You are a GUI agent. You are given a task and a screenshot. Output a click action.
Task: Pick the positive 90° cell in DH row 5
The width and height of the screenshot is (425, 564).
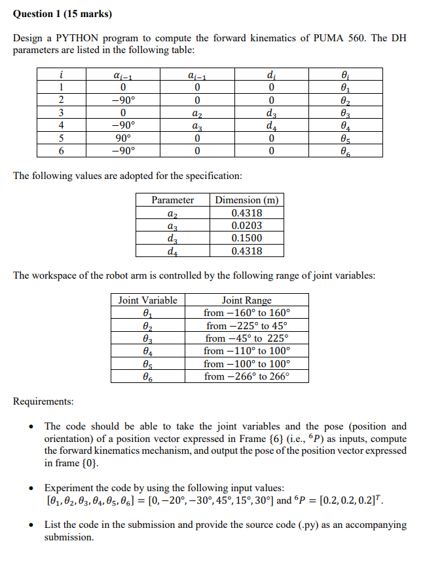(x=122, y=138)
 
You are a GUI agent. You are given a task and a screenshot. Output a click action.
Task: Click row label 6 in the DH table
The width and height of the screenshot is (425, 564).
(x=60, y=150)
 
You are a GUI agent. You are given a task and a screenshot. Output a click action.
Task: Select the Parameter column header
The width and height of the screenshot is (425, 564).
(x=172, y=200)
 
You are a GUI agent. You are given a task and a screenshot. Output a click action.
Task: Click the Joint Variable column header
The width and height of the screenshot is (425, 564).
(x=147, y=300)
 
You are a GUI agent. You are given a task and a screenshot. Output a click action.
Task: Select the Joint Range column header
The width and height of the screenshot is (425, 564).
(x=246, y=300)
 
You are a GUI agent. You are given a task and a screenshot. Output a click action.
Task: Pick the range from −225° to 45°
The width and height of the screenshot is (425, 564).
(x=246, y=325)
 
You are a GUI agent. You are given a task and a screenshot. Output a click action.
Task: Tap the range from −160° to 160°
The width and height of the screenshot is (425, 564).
(x=246, y=313)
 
